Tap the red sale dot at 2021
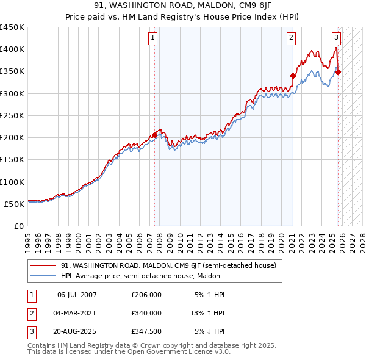[293, 76]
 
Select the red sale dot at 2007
[154, 135]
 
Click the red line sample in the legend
[43, 265]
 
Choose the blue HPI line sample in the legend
[43, 275]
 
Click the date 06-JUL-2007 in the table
[77, 295]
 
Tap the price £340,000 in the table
[146, 313]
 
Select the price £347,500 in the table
[146, 331]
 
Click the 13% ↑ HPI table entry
[207, 313]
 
